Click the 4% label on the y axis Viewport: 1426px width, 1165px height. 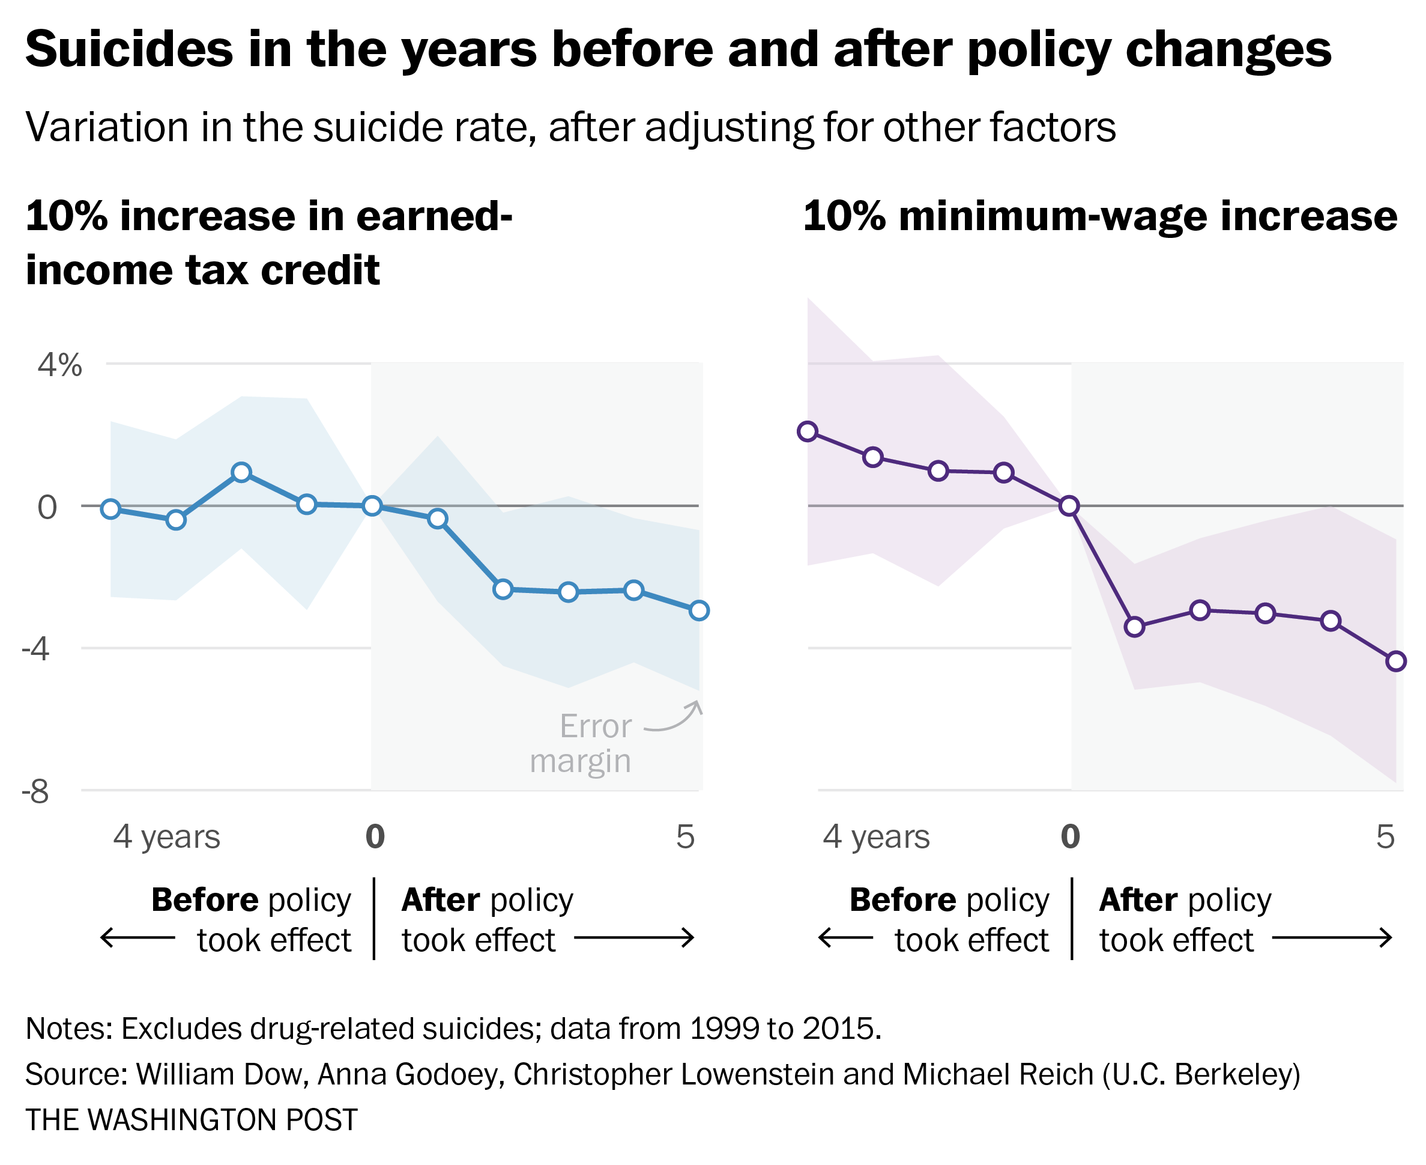click(59, 367)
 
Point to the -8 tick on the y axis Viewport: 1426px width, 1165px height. click(36, 792)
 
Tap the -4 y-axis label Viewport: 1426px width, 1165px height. click(36, 649)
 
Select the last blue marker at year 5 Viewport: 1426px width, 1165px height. click(699, 610)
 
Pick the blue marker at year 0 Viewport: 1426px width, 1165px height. click(372, 506)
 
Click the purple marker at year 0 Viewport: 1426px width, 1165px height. click(1069, 506)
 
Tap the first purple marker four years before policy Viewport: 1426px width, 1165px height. click(808, 431)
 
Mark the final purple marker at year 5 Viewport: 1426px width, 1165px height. click(1397, 662)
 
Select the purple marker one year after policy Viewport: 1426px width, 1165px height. click(1135, 627)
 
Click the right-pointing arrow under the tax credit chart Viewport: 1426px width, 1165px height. click(634, 938)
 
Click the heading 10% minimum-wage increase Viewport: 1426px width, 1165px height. click(1100, 217)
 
